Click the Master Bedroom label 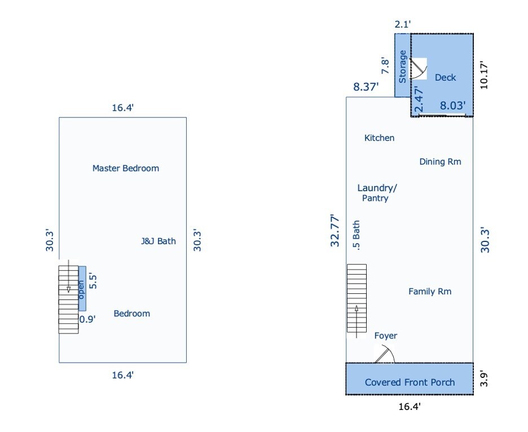click(126, 169)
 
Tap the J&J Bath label click(159, 241)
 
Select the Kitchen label click(379, 138)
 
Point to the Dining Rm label click(440, 162)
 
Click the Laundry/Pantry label click(377, 193)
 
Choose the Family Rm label click(430, 291)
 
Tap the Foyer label click(385, 336)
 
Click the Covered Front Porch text click(410, 382)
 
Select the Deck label click(445, 77)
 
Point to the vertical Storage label click(402, 67)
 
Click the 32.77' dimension click(335, 231)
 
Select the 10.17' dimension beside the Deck click(484, 75)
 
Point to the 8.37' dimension click(366, 87)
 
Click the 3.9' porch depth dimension click(484, 379)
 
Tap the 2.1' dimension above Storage click(403, 24)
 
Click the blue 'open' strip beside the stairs click(82, 289)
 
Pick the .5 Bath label click(356, 235)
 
